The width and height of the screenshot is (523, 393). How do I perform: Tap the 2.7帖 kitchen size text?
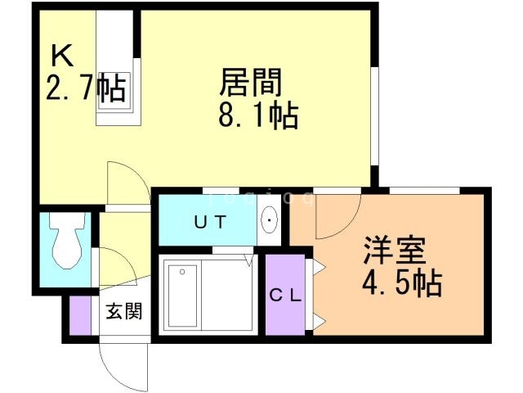[x=86, y=87]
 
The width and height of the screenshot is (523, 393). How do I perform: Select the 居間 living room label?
[x=251, y=82]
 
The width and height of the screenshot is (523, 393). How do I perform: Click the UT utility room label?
[x=211, y=222]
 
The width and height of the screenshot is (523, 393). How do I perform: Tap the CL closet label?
[x=285, y=296]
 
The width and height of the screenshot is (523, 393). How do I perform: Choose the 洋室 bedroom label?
[x=395, y=251]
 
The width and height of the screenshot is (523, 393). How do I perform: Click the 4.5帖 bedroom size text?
[x=402, y=284]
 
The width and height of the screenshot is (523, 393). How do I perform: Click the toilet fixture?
[x=67, y=240]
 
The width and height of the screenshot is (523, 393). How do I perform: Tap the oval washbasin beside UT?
[x=269, y=220]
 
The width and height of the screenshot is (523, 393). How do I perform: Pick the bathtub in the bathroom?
[x=183, y=296]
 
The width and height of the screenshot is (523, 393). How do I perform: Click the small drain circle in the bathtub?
[x=182, y=272]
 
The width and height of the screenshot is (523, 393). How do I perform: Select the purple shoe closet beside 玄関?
[x=80, y=315]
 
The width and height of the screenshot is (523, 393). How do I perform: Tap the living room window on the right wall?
[x=374, y=116]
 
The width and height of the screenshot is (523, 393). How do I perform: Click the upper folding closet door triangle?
[x=319, y=267]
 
